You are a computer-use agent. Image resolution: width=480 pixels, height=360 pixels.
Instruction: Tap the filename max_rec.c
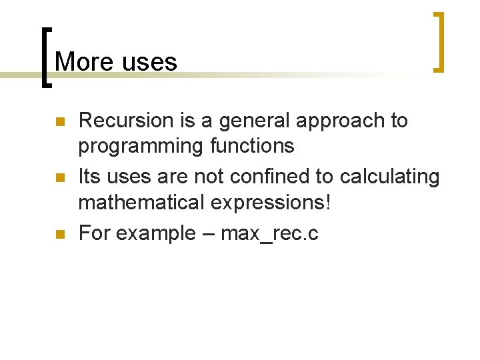point(270,234)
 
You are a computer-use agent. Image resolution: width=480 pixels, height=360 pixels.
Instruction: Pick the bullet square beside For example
point(59,235)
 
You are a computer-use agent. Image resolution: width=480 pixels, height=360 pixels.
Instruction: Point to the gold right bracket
point(439,42)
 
